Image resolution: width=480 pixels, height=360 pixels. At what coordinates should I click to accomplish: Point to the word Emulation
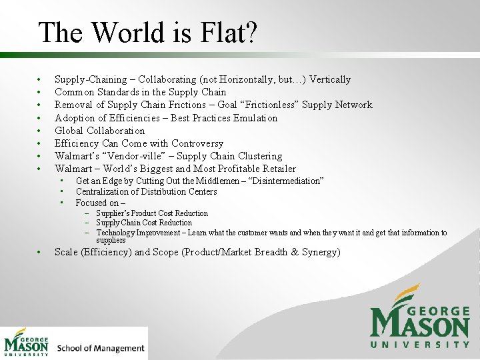click(x=255, y=118)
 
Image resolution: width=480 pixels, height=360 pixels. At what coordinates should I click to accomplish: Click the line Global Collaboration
click(x=99, y=131)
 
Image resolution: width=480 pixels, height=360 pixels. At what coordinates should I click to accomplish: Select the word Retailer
click(x=277, y=169)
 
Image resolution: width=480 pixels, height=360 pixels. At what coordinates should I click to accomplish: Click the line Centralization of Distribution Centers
click(x=146, y=191)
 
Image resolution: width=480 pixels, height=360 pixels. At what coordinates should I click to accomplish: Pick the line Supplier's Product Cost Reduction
click(x=152, y=213)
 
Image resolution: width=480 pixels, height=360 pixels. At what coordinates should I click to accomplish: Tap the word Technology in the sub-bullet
click(x=117, y=233)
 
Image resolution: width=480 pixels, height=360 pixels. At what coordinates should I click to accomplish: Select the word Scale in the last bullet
click(x=67, y=252)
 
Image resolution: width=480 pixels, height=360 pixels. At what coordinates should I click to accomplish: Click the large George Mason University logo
click(x=419, y=317)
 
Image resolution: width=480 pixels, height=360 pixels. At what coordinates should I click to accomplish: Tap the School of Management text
click(x=101, y=348)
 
